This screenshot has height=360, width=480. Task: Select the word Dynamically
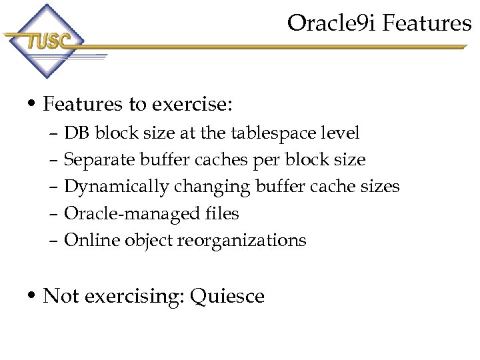click(117, 187)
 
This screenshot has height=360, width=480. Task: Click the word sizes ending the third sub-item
click(379, 187)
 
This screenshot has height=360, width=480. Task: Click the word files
click(223, 213)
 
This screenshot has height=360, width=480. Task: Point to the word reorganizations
click(241, 240)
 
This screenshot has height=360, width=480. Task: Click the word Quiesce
click(227, 295)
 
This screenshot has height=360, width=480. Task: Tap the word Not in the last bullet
click(60, 295)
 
